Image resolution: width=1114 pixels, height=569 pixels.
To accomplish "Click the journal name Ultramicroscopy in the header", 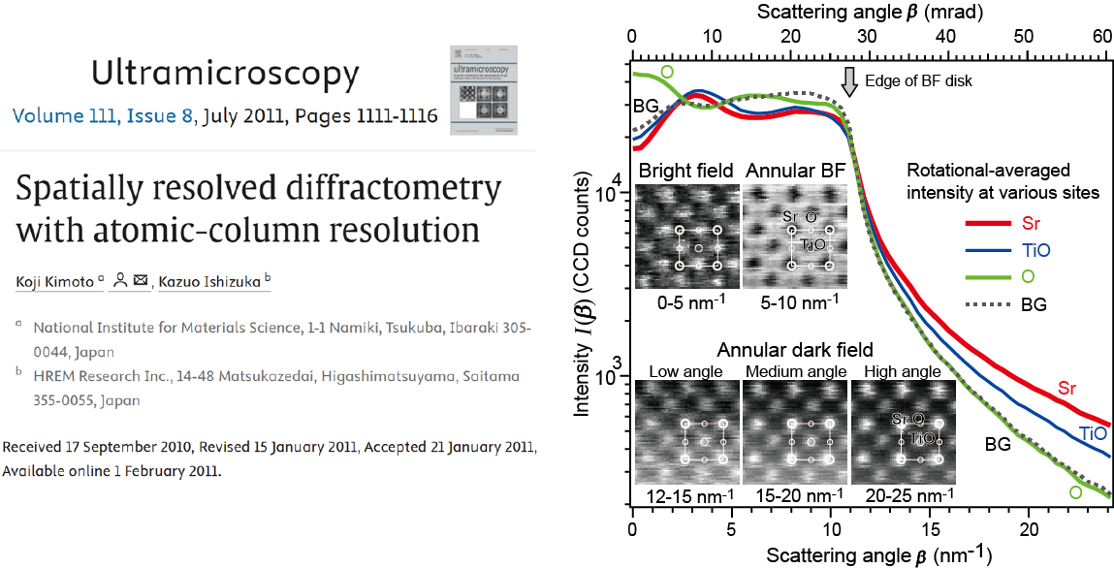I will pos(225,74).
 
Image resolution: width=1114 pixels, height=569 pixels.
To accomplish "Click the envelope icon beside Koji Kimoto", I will pos(142,282).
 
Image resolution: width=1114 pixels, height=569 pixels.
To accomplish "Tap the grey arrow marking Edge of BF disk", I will pos(850,81).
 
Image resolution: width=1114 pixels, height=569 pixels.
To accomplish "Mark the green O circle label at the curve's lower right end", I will pos(1075,492).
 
